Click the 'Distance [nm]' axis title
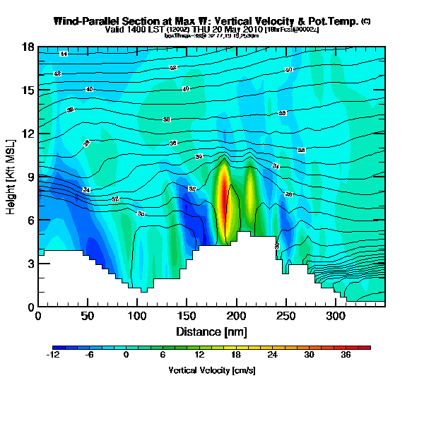[x=211, y=331]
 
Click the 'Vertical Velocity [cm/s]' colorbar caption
[x=211, y=370]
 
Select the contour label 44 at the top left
[x=63, y=54]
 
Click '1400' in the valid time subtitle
[x=132, y=30]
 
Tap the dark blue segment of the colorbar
[x=57, y=348]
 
